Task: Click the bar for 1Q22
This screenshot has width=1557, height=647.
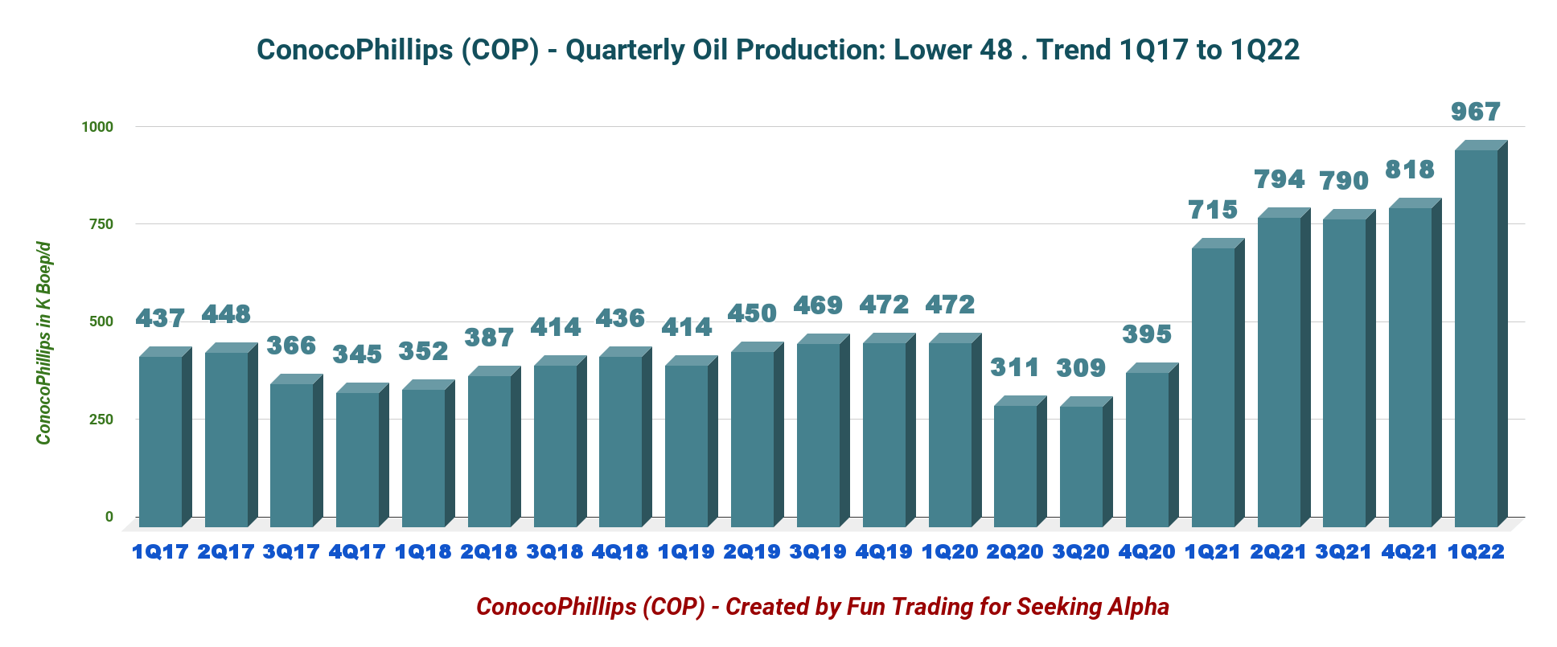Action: [x=1477, y=338]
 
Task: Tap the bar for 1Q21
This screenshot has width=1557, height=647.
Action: [x=1214, y=386]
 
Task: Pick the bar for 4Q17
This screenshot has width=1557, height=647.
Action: [x=358, y=458]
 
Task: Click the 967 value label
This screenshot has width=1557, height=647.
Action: [x=1476, y=112]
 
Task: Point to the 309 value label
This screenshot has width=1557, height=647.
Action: [x=1081, y=368]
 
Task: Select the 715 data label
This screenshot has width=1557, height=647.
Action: [x=1213, y=210]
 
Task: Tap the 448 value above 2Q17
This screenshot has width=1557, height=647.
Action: [x=226, y=314]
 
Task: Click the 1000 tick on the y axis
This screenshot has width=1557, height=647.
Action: [x=97, y=127]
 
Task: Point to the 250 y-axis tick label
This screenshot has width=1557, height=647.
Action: [x=101, y=420]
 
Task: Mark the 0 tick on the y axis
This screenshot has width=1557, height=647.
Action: [x=109, y=517]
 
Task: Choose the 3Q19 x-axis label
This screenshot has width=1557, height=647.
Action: [x=818, y=552]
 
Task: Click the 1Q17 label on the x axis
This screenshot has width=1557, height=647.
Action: [x=160, y=552]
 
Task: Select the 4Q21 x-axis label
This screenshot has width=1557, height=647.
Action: [x=1410, y=552]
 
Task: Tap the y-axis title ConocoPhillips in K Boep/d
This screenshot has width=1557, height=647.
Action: [x=43, y=343]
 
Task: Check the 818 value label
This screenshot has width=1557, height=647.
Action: [x=1410, y=170]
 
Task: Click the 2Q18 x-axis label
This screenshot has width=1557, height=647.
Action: [x=489, y=552]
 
